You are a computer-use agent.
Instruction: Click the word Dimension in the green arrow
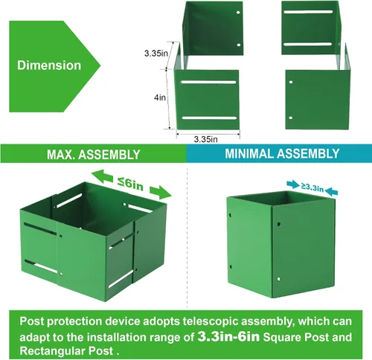point(49,65)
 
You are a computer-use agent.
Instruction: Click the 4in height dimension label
point(160,97)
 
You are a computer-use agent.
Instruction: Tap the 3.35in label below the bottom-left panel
point(205,139)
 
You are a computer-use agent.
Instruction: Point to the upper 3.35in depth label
point(156,53)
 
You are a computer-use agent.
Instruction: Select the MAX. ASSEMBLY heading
point(94,155)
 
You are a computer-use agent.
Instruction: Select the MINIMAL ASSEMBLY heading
point(282,153)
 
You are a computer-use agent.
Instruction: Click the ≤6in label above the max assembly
point(131,184)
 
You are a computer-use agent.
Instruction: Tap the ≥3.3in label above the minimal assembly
point(312,187)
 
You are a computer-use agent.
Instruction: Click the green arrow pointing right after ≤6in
point(161,192)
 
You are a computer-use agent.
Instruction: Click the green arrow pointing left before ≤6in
point(103,176)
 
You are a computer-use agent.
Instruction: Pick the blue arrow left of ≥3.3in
point(293,184)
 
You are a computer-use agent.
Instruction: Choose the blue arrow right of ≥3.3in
point(331,192)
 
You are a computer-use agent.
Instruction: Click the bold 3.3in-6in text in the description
point(228,336)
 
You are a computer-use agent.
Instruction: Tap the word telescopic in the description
point(211,321)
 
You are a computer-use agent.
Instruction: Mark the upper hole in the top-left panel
point(238,13)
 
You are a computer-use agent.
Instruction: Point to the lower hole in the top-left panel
point(239,45)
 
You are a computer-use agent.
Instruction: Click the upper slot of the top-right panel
point(308,12)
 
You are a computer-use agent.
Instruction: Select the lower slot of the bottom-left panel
point(210,118)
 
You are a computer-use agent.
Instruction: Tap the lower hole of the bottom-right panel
point(291,118)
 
